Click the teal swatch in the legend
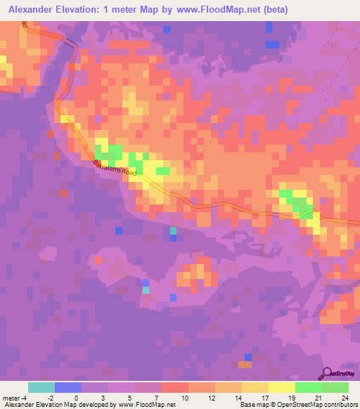coord(41,387)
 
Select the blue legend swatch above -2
coord(68,387)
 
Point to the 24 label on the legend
coord(344,397)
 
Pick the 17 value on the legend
coord(264,397)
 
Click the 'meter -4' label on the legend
coord(14,397)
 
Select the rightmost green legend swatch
coord(335,387)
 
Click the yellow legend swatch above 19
coord(282,387)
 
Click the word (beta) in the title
coord(271,11)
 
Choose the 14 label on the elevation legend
coord(237,397)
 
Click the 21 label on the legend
coord(317,397)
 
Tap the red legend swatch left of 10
coord(175,387)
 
